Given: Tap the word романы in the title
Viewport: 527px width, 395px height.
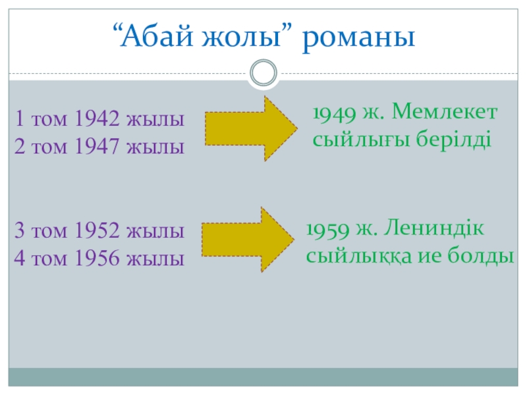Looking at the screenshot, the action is click(359, 38).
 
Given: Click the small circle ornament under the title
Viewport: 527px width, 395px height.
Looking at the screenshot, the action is click(263, 72).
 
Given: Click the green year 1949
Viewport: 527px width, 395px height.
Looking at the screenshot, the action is click(333, 114).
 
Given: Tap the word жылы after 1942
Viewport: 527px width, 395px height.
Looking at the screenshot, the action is click(157, 120).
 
